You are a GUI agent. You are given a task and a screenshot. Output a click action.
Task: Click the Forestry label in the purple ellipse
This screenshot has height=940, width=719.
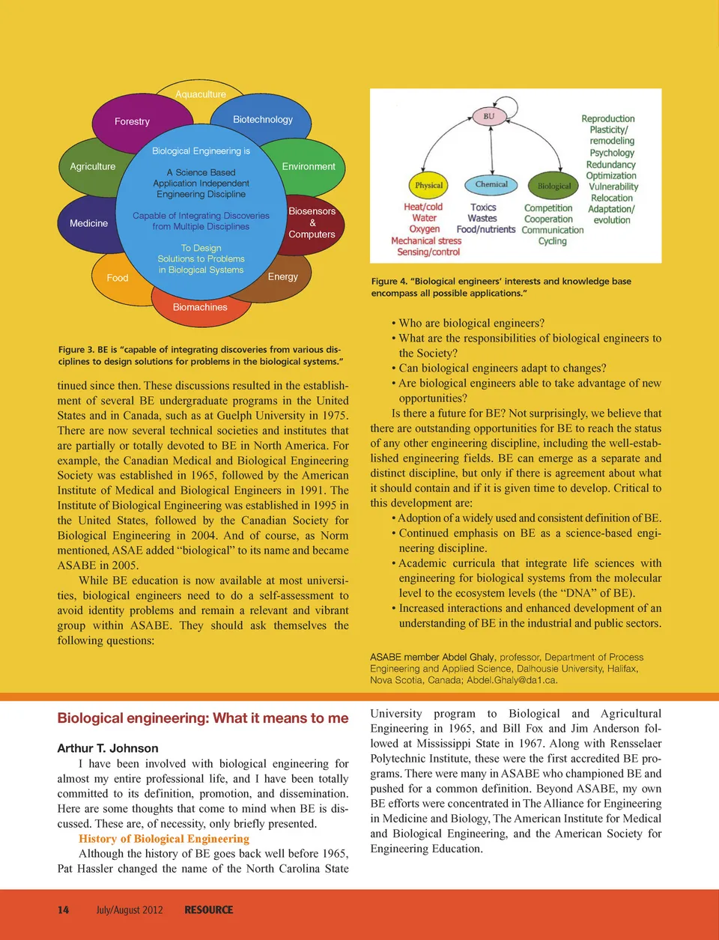point(132,121)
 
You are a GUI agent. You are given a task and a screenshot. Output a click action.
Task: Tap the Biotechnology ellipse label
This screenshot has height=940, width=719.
point(262,119)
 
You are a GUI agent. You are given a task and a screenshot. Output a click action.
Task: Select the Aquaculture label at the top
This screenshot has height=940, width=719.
point(200,94)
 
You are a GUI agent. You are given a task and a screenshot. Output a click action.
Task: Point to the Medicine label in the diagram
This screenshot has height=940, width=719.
point(88,223)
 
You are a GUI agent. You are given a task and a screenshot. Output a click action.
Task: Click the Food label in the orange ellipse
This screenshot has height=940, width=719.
point(118,278)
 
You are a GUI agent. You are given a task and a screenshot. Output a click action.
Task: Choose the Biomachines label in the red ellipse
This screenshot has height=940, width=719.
point(200,307)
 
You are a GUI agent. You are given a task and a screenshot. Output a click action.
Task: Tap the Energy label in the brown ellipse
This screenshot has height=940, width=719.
point(282,276)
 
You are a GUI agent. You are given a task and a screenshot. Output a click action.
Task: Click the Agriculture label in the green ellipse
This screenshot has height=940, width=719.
point(93,166)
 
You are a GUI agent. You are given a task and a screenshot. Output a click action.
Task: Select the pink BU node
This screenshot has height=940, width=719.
point(489,116)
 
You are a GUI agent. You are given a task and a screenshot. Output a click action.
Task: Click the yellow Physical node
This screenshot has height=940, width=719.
point(429,185)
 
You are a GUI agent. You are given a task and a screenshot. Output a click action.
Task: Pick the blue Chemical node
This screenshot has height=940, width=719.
point(491,184)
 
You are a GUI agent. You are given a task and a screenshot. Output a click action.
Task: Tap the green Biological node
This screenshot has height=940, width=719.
point(554,186)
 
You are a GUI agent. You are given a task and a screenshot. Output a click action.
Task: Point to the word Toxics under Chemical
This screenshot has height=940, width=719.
point(483,207)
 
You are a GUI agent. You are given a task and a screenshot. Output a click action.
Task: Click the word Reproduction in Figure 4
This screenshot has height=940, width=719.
point(607,118)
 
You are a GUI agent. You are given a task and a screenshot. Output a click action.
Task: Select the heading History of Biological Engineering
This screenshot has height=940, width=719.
point(164,839)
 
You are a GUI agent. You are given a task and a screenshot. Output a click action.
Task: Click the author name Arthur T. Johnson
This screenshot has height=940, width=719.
point(108,748)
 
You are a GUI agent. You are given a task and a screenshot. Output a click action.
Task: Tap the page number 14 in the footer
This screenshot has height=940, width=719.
point(64,910)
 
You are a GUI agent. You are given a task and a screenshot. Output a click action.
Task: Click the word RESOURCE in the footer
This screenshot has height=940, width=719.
point(209,910)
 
